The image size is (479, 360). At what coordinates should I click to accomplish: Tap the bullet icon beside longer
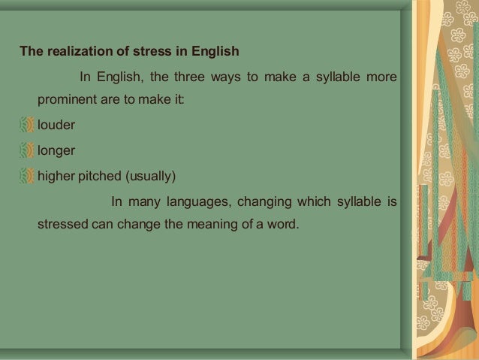tap(27, 150)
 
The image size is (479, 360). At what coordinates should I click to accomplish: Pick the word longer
tap(56, 151)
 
